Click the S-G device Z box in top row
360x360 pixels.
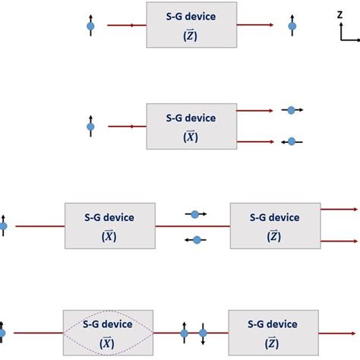click(191, 26)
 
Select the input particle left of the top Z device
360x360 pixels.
click(91, 27)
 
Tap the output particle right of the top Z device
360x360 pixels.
click(291, 27)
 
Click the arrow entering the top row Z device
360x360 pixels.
click(126, 26)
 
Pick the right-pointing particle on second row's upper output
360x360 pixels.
click(290, 110)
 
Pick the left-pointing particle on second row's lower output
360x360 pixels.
click(292, 141)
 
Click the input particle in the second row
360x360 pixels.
click(91, 127)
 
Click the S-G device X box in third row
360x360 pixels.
click(110, 225)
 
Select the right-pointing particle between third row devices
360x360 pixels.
click(197, 214)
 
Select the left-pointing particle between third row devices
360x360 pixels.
click(197, 240)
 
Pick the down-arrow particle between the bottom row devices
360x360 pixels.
click(203, 333)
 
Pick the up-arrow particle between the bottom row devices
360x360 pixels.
click(184, 333)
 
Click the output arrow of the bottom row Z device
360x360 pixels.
click(339, 333)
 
